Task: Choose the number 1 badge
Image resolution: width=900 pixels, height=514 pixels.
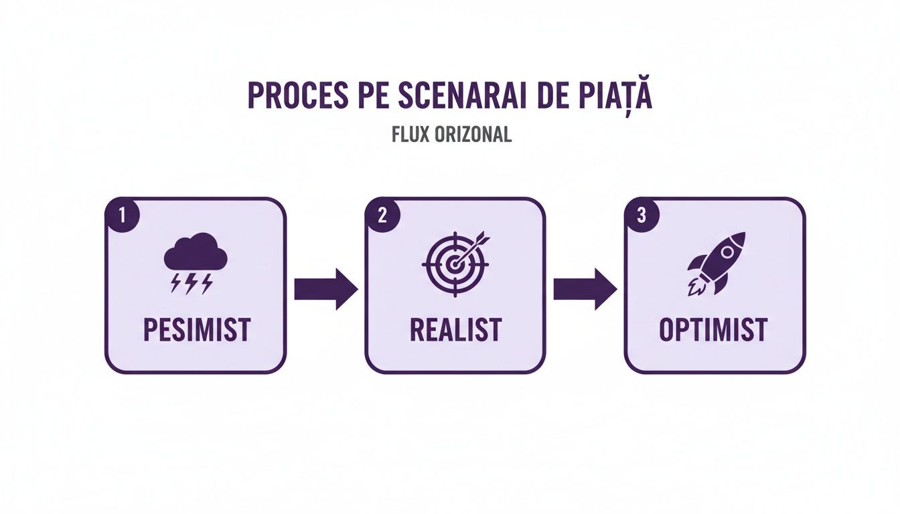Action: (x=121, y=216)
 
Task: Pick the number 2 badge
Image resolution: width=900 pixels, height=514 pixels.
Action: (x=382, y=216)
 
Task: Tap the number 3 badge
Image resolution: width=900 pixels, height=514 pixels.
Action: (x=642, y=216)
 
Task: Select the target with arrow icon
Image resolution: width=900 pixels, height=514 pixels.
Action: (x=455, y=263)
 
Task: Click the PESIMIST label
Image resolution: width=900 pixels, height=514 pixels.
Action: (x=197, y=330)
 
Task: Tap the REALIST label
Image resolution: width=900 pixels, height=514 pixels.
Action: (x=455, y=330)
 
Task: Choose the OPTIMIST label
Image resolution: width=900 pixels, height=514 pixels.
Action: (x=713, y=330)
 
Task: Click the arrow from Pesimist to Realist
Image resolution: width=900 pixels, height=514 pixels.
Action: (x=326, y=289)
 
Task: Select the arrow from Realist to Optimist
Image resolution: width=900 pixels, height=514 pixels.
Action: (x=585, y=289)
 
